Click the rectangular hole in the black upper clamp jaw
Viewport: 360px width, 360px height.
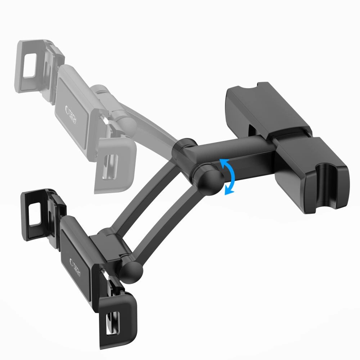(35, 215)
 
